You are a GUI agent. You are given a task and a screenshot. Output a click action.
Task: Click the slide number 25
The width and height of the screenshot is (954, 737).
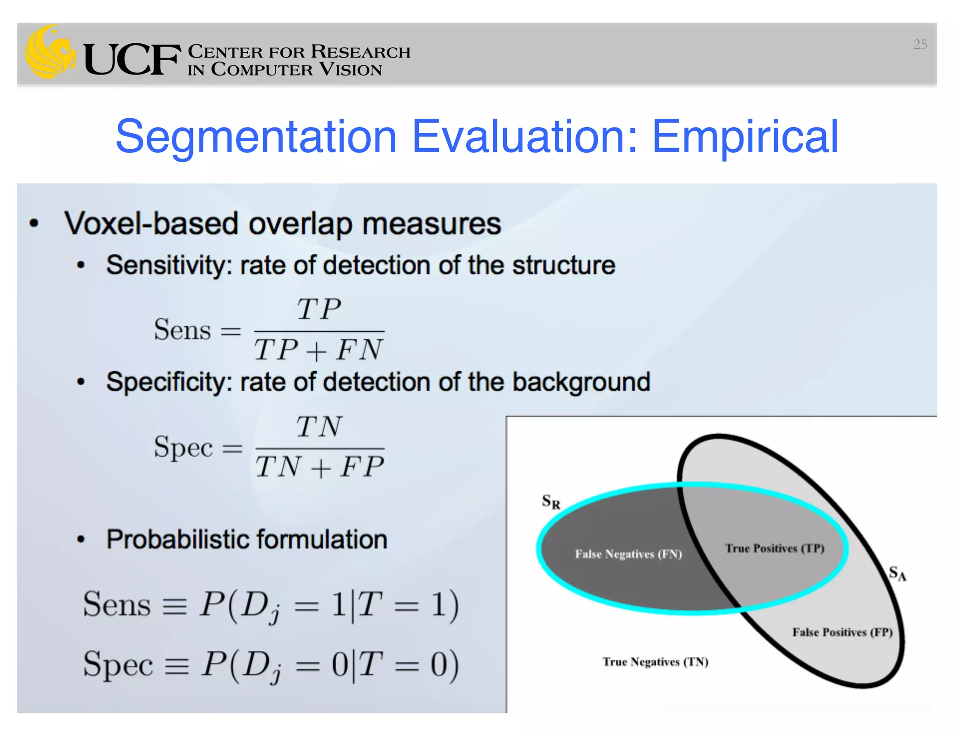click(x=920, y=44)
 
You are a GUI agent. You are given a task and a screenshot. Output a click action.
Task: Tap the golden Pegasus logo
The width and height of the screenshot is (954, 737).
click(x=50, y=52)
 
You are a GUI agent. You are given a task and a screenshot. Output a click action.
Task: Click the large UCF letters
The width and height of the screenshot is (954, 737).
click(x=132, y=60)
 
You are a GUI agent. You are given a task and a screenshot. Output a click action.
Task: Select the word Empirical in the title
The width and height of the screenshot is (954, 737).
click(x=744, y=136)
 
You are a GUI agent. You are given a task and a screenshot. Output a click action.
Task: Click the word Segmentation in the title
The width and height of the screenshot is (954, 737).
click(x=256, y=136)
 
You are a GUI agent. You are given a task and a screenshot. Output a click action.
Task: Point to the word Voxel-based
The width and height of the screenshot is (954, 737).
click(x=151, y=224)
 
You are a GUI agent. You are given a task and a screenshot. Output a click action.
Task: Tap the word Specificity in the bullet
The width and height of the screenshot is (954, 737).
click(x=169, y=382)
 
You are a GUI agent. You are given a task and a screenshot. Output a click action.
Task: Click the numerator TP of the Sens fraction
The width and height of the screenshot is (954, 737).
click(x=319, y=309)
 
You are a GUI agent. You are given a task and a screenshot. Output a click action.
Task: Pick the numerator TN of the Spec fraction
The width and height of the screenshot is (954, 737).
click(x=319, y=427)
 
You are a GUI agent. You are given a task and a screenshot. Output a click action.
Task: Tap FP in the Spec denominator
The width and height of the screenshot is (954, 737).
click(x=362, y=466)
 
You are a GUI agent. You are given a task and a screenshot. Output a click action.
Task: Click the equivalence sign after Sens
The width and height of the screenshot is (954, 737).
click(x=174, y=606)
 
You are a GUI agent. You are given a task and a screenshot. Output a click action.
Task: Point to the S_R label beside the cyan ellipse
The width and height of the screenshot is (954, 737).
click(x=551, y=502)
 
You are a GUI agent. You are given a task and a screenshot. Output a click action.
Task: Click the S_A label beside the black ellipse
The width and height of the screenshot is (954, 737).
click(x=897, y=573)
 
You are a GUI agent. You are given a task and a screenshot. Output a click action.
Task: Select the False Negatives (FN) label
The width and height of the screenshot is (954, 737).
click(x=628, y=554)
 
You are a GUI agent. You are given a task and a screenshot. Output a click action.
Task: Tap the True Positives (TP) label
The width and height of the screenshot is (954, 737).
click(x=774, y=548)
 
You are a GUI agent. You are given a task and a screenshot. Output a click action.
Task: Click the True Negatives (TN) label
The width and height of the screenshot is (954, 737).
click(x=655, y=662)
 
